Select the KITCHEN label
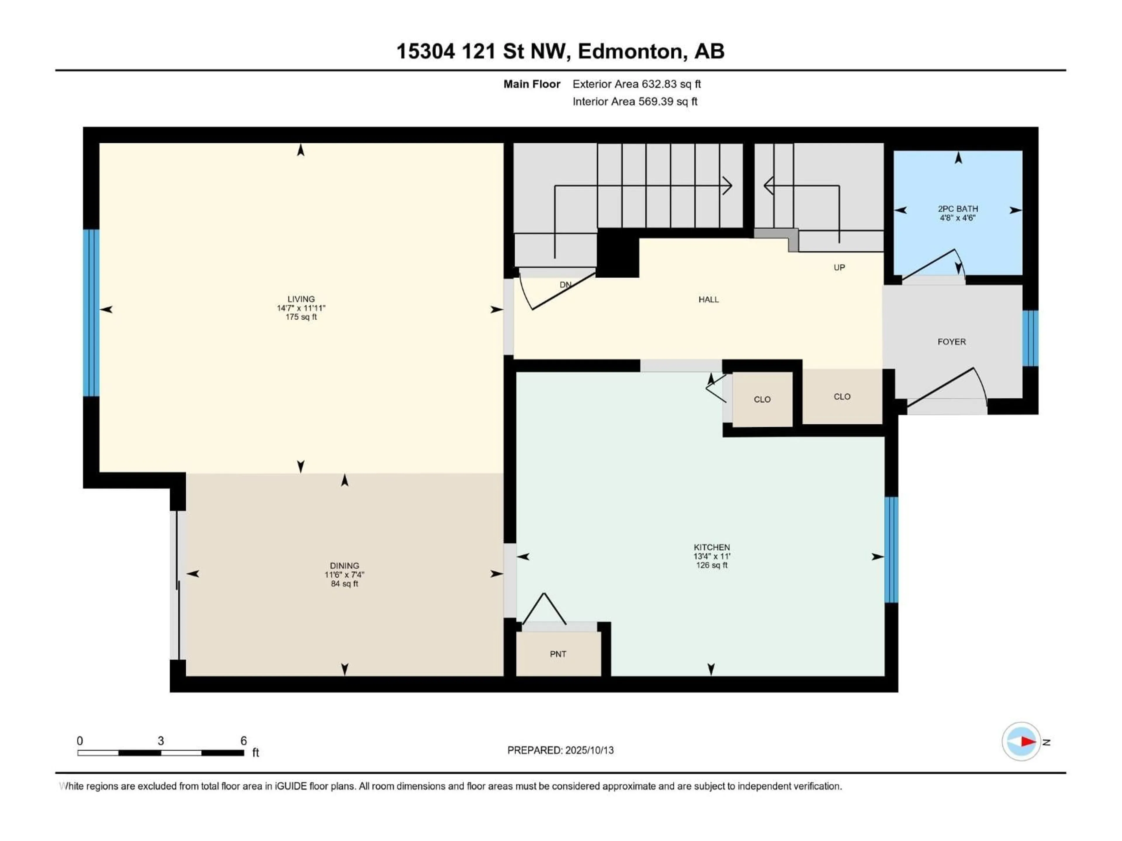[712, 547]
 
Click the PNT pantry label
[558, 654]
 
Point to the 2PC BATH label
[958, 208]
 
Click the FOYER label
[952, 342]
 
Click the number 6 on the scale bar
[243, 741]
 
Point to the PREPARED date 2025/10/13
[560, 750]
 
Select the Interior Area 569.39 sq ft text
[635, 101]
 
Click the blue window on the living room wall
[91, 313]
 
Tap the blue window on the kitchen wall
[891, 550]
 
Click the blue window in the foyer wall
[1030, 338]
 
